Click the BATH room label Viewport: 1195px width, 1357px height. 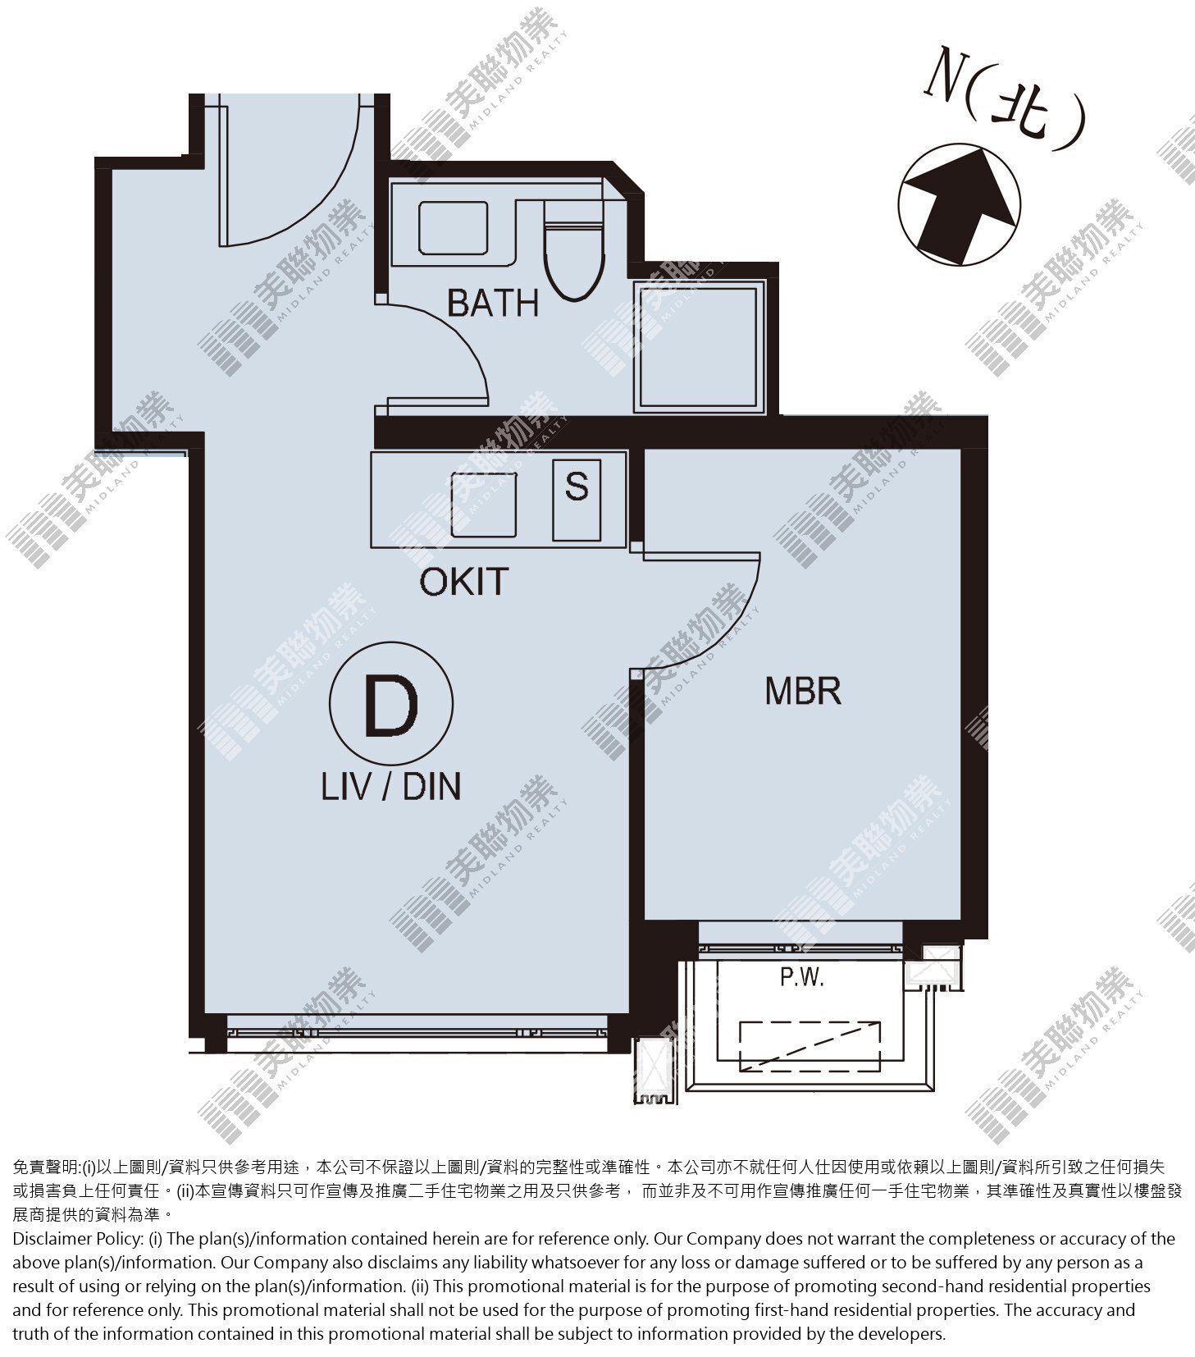click(493, 303)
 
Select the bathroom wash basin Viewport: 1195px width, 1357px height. click(453, 228)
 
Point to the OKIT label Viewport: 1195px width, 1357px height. click(464, 582)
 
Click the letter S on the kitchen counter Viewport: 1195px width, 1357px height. click(577, 486)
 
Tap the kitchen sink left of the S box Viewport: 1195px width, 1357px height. click(484, 505)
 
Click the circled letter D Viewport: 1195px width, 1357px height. click(390, 704)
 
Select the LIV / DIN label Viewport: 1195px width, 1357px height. click(390, 787)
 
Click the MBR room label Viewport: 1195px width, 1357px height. click(803, 691)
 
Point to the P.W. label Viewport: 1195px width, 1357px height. click(801, 978)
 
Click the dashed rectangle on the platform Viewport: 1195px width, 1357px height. click(810, 1046)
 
